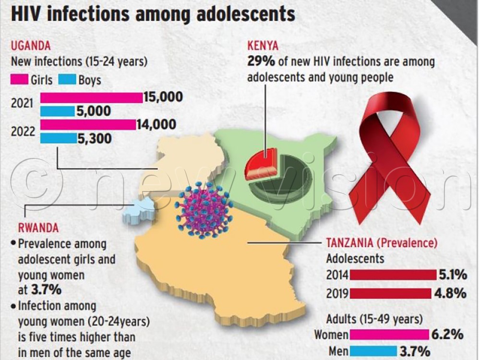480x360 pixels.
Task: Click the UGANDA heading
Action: point(31,47)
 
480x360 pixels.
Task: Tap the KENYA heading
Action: point(263,46)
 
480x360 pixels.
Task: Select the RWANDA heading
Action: point(38,227)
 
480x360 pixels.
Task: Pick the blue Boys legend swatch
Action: point(68,79)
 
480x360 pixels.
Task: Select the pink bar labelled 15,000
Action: point(91,97)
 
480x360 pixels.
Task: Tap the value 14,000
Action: point(156,125)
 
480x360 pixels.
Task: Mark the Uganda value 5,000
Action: point(94,111)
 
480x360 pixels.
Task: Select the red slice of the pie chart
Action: point(261,164)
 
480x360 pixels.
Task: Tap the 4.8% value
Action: point(451,293)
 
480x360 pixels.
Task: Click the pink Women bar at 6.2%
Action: point(389,334)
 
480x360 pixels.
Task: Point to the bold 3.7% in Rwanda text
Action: point(48,289)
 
